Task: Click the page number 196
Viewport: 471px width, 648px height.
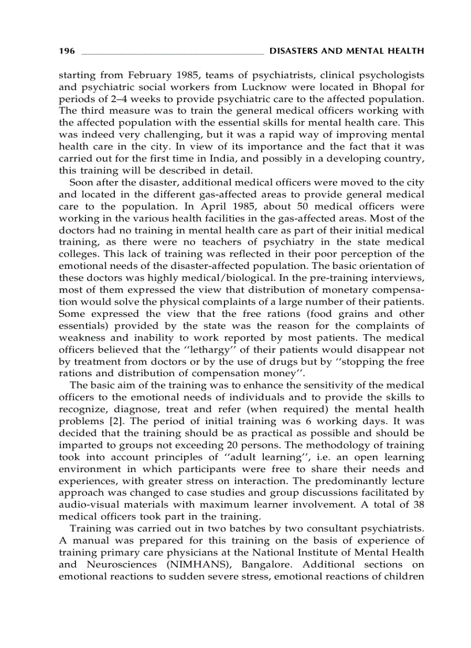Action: (x=67, y=51)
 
